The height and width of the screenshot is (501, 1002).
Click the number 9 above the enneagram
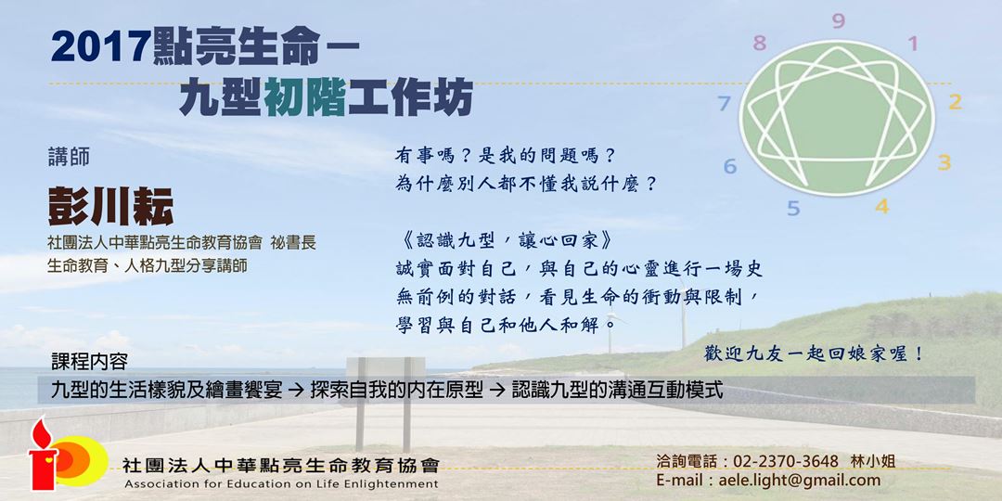click(838, 21)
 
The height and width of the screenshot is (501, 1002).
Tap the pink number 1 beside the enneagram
click(912, 44)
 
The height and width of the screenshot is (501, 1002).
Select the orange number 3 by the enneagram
click(944, 163)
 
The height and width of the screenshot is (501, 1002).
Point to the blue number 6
click(730, 167)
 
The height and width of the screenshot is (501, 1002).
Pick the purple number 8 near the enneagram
click(760, 43)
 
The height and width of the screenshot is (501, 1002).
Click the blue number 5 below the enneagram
click(793, 208)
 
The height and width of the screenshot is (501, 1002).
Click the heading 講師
click(69, 158)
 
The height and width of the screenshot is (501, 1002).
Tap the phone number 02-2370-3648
click(786, 461)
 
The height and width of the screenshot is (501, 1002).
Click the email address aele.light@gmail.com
click(806, 480)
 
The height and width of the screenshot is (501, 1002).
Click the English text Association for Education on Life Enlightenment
click(280, 484)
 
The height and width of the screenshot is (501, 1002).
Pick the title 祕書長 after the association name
click(293, 243)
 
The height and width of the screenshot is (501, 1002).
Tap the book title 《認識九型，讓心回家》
click(507, 239)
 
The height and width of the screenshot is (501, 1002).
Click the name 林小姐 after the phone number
click(873, 461)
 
